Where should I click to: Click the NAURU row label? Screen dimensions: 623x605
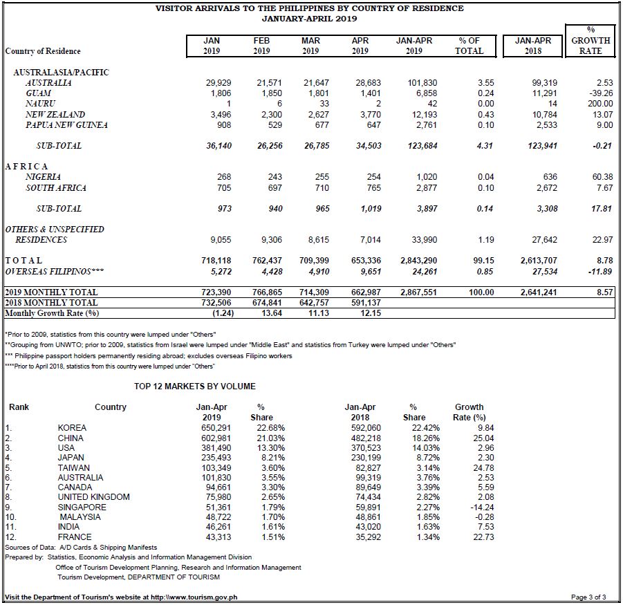pyautogui.click(x=40, y=104)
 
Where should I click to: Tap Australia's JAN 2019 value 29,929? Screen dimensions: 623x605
pyautogui.click(x=218, y=83)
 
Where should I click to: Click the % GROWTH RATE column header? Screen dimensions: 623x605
pyautogui.click(x=591, y=41)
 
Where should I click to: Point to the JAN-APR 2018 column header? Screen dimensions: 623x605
pyautogui.click(x=533, y=46)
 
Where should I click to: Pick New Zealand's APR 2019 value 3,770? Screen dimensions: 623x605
pyautogui.click(x=368, y=115)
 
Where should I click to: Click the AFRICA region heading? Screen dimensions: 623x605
pyautogui.click(x=26, y=167)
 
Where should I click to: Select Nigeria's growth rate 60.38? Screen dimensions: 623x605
pyautogui.click(x=602, y=177)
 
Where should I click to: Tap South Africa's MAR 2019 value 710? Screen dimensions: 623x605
pyautogui.click(x=322, y=188)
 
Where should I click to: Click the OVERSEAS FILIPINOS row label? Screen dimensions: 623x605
pyautogui.click(x=55, y=272)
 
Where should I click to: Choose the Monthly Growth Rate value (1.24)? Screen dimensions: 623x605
pyautogui.click(x=223, y=313)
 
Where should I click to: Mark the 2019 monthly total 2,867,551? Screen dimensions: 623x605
pyautogui.click(x=418, y=292)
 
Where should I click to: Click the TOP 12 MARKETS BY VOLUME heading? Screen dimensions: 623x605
pyautogui.click(x=195, y=387)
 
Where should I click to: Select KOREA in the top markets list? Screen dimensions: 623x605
pyautogui.click(x=72, y=428)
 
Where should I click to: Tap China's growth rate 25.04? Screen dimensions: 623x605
pyautogui.click(x=483, y=438)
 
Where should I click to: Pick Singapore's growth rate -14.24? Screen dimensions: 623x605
pyautogui.click(x=482, y=508)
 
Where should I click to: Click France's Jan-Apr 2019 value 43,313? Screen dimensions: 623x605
pyautogui.click(x=218, y=537)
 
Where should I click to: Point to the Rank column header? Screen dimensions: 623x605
pyautogui.click(x=19, y=407)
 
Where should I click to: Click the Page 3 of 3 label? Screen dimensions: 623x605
pyautogui.click(x=588, y=597)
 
